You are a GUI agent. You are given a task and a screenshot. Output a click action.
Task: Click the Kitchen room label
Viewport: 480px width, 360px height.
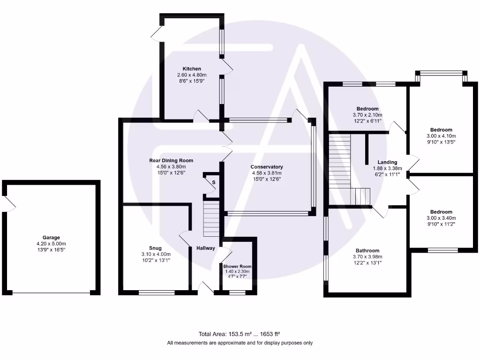(x=192, y=69)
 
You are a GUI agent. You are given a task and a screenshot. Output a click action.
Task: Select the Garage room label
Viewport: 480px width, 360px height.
(x=52, y=238)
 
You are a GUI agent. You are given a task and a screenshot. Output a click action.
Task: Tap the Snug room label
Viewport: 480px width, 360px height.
(x=156, y=248)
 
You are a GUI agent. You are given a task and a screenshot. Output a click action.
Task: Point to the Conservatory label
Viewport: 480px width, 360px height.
(x=267, y=167)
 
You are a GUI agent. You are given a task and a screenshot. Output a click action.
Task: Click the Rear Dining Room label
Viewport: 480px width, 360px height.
(x=171, y=160)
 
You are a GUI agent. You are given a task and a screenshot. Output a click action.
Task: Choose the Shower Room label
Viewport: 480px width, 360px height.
(x=237, y=266)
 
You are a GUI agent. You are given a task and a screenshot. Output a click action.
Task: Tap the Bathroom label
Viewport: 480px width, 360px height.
(x=367, y=250)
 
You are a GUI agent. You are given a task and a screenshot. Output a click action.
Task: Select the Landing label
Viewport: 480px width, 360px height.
(x=387, y=162)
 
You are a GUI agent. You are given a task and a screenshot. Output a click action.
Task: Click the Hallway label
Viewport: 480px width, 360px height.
(x=205, y=248)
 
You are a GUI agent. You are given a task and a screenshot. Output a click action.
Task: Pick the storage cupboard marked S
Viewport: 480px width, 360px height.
(x=213, y=182)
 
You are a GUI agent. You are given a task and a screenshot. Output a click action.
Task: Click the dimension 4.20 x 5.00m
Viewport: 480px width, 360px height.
(x=52, y=244)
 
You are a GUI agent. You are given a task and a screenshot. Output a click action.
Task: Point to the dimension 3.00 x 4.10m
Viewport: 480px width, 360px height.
(x=441, y=136)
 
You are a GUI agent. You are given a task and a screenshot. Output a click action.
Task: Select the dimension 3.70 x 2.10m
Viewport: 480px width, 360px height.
(x=367, y=115)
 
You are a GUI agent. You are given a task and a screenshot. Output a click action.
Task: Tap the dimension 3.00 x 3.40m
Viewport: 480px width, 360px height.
(x=441, y=218)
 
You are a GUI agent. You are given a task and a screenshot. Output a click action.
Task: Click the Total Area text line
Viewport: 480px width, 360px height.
(x=240, y=334)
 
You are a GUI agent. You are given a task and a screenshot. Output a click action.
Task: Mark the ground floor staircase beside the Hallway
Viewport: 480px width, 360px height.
(x=211, y=218)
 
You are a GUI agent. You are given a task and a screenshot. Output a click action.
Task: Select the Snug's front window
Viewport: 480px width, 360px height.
(x=157, y=293)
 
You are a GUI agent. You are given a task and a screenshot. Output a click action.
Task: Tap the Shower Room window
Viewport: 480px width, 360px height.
(x=237, y=293)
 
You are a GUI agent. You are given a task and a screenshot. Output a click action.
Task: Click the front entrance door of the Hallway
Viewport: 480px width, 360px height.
(x=205, y=289)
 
